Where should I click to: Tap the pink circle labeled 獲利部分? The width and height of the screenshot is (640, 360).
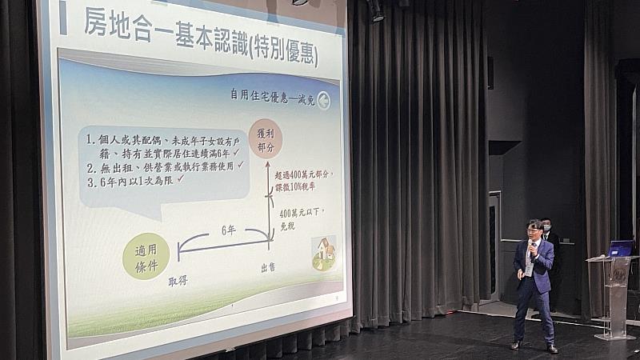click(265, 138)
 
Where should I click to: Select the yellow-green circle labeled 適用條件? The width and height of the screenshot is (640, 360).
click(146, 256)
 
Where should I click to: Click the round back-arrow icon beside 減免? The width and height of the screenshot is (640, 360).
click(322, 100)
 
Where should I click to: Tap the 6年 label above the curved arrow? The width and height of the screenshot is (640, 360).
click(228, 230)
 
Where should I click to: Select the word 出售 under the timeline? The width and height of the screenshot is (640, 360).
click(267, 267)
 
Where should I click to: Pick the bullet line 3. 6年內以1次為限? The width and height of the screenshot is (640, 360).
click(136, 179)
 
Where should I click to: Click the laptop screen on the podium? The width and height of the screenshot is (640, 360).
click(621, 248)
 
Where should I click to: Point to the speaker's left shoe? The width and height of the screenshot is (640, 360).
click(551, 347)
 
